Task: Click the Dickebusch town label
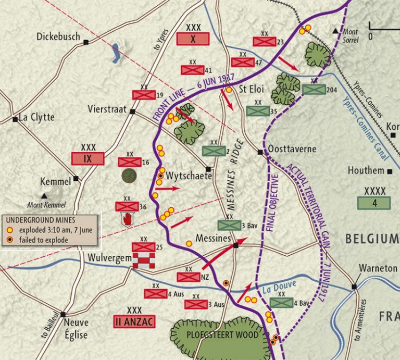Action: (x=58, y=37)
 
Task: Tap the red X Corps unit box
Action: (x=193, y=39)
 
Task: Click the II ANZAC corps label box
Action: (x=134, y=321)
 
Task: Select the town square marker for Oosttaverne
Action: (x=260, y=152)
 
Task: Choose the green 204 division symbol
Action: (x=314, y=89)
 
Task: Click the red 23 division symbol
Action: (x=264, y=42)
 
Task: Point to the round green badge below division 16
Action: (x=129, y=175)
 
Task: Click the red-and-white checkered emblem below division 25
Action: (x=143, y=260)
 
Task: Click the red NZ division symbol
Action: (x=189, y=277)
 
